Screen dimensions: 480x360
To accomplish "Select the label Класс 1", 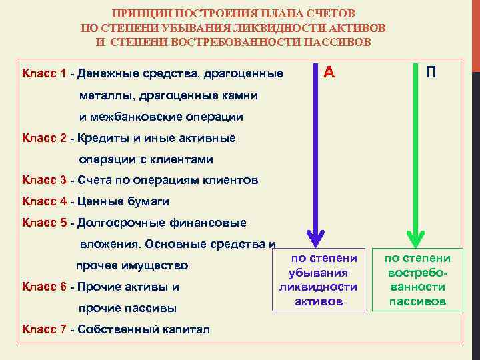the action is [x=43, y=73].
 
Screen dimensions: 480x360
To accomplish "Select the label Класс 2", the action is [x=43, y=138].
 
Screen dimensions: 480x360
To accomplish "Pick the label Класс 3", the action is [x=43, y=180].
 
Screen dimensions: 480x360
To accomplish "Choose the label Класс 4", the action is [x=43, y=201].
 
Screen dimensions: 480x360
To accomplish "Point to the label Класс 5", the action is [x=43, y=222].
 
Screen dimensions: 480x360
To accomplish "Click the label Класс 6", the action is [x=43, y=287].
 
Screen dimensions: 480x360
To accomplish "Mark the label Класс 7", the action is [x=43, y=329].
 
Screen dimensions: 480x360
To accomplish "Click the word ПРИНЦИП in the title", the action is [x=140, y=13].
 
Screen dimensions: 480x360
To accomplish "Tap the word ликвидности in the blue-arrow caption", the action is [x=319, y=287].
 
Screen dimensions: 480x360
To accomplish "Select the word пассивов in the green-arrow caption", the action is [x=418, y=301].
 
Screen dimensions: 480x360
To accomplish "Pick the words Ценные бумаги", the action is [x=123, y=201].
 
